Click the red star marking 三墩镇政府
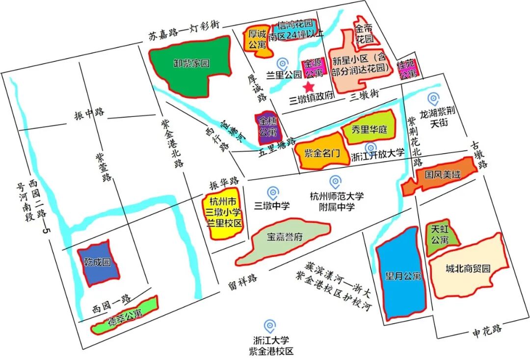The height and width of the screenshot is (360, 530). pos(309,87)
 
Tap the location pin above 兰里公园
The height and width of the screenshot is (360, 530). pos(282,64)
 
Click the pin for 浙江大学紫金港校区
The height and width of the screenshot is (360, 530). pos(269,326)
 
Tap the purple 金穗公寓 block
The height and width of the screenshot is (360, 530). pos(267,127)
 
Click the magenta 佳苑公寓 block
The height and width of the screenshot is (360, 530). pos(408,69)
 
